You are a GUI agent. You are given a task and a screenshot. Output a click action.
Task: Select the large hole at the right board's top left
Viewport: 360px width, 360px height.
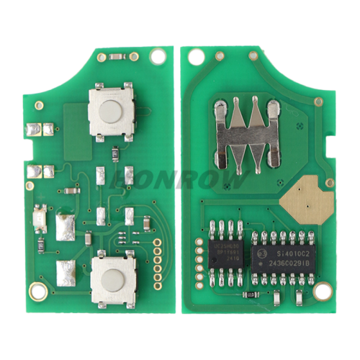point(192,56)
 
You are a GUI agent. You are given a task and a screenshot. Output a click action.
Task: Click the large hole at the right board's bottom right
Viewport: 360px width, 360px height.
point(324,291)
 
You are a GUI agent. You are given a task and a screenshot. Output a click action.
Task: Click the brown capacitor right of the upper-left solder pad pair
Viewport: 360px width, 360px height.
point(71,191)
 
